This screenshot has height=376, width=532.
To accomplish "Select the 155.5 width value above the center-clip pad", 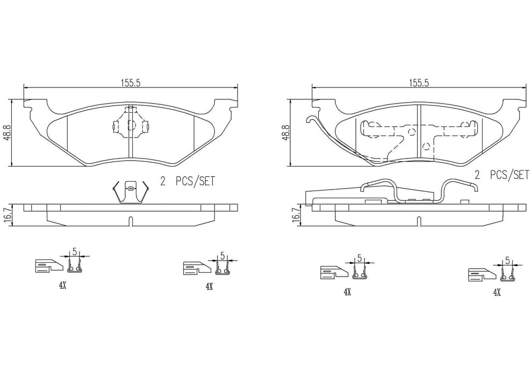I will [x=130, y=83].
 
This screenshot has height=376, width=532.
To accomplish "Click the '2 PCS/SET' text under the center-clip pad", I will [x=188, y=181].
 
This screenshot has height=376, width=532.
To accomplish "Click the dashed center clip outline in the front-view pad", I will [x=130, y=125].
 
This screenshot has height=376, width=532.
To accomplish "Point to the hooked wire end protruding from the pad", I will [x=311, y=121].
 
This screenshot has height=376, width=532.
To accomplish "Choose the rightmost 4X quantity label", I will [x=497, y=292].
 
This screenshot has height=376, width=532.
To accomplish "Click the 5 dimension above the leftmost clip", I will [x=75, y=250].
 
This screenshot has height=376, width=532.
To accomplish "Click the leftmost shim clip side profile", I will [x=47, y=265].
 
